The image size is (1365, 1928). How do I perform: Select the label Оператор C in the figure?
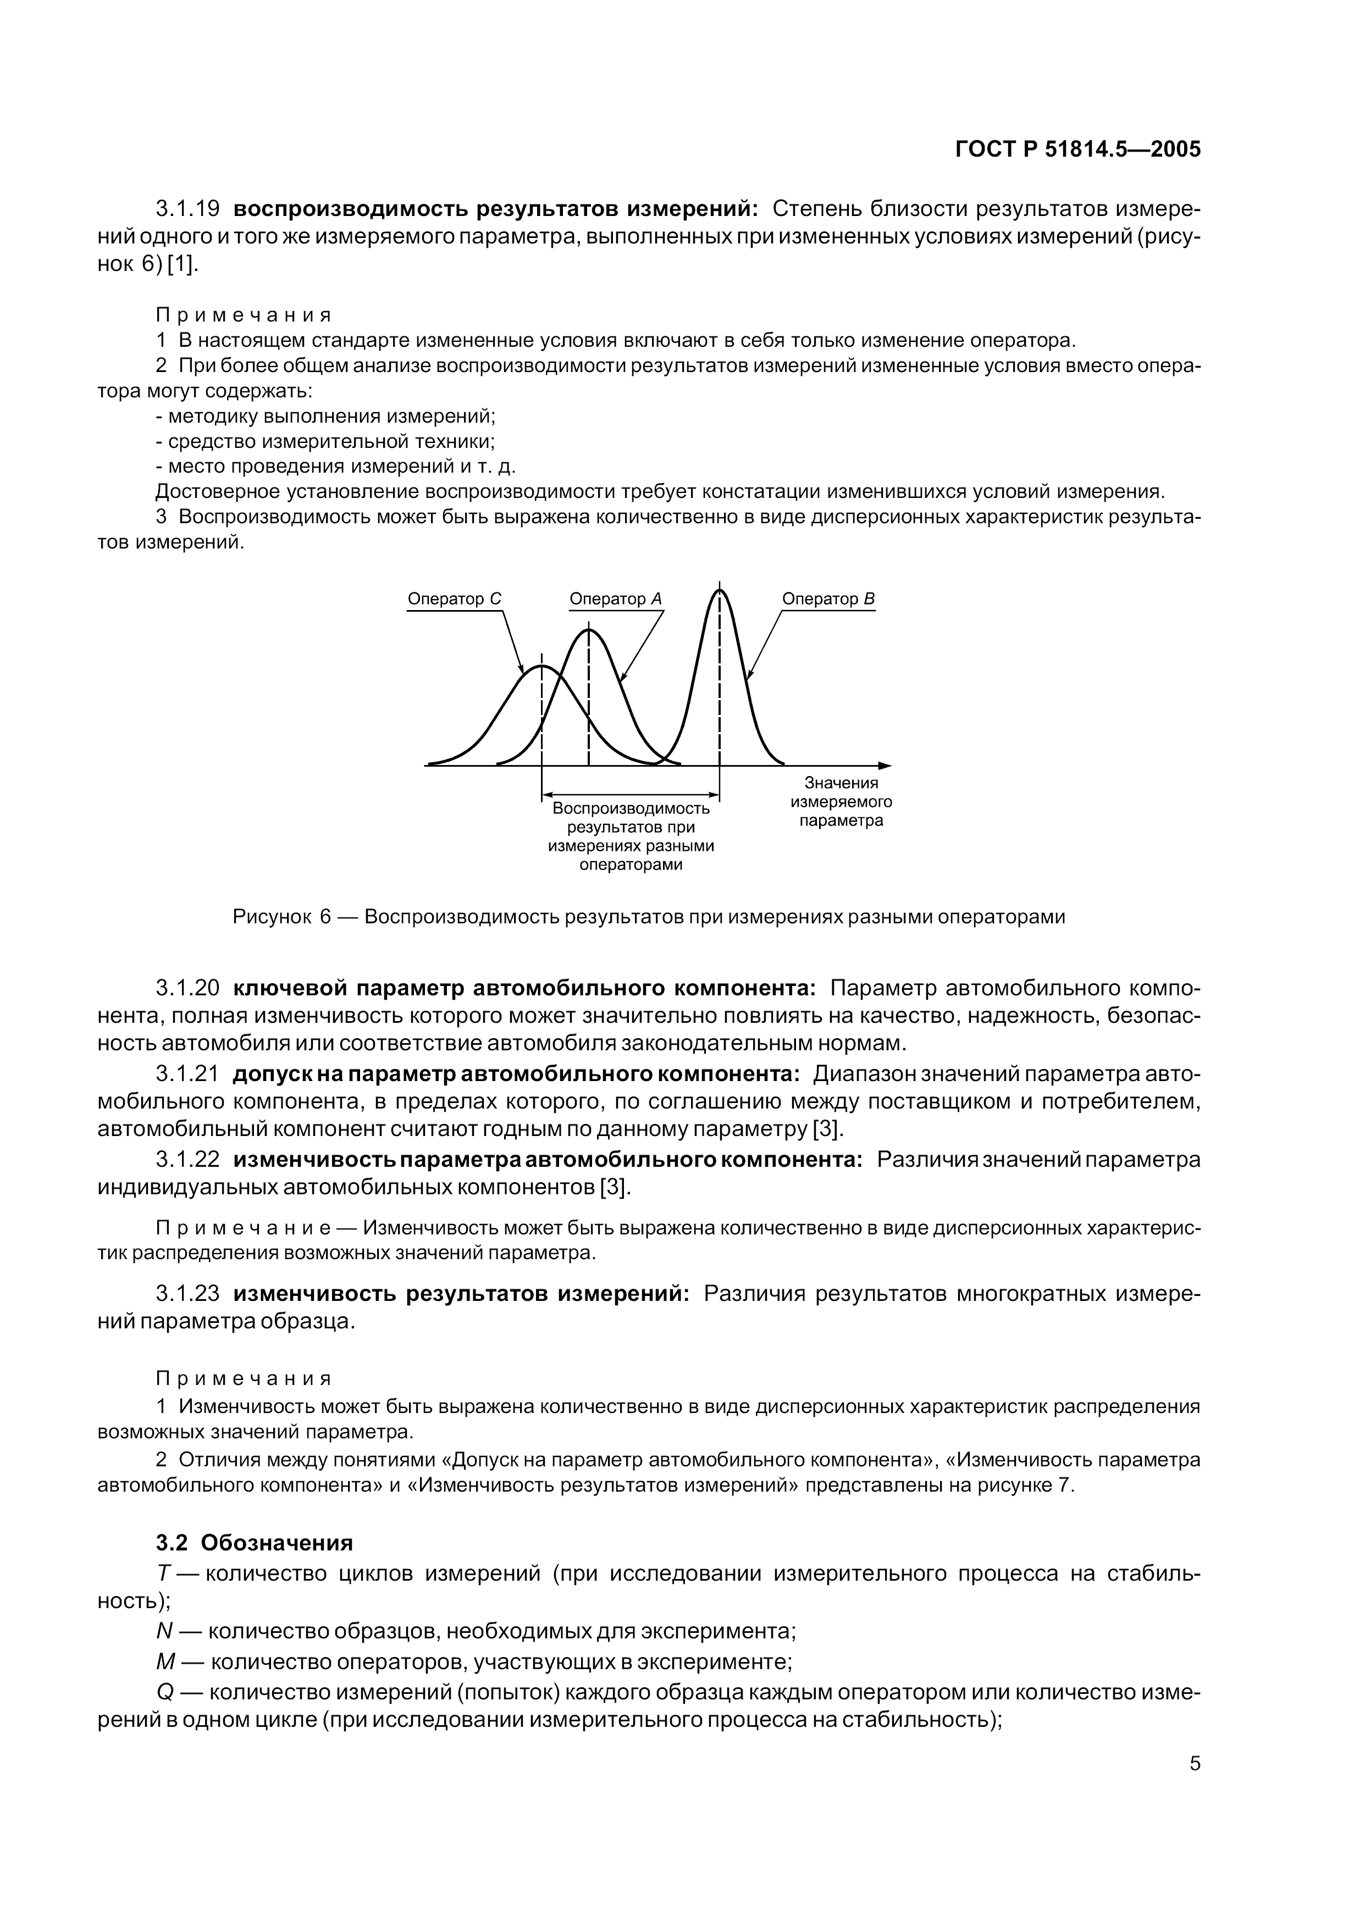coord(454,599)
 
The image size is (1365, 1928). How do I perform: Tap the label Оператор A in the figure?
coord(615,599)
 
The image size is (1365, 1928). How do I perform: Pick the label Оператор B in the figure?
coord(828,599)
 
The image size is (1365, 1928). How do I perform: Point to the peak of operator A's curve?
coord(589,629)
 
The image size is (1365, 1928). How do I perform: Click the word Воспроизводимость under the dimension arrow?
coord(631,809)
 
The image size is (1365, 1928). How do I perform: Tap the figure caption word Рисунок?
coord(270,917)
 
